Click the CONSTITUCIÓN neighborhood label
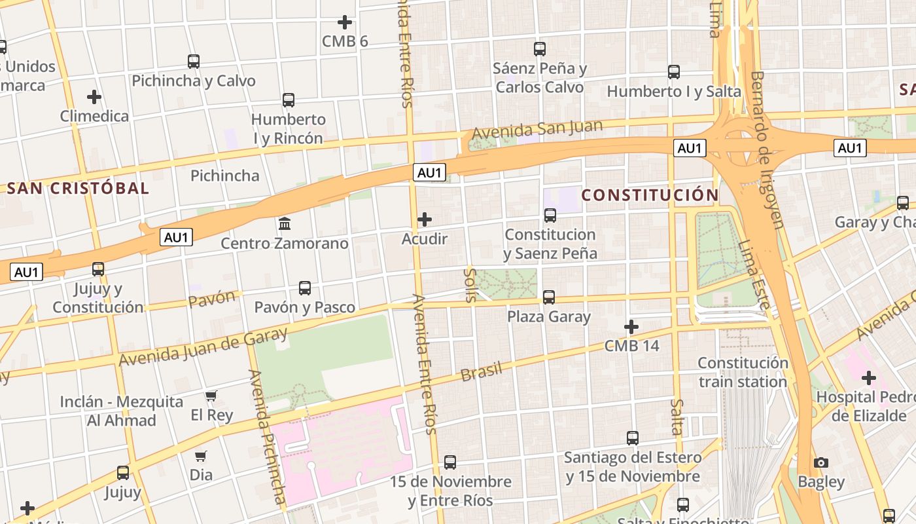pos(650,195)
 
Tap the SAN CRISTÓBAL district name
pos(78,189)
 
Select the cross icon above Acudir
pos(425,219)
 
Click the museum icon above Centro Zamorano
pos(285,224)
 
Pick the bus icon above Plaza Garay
pos(549,297)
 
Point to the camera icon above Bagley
pos(821,462)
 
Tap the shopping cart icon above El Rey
pos(211,396)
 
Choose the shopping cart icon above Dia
pos(201,455)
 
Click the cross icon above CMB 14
pos(631,326)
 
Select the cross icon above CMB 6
pos(345,22)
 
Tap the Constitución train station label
pos(743,372)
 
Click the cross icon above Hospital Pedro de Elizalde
pos(869,378)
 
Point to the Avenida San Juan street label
pos(528,130)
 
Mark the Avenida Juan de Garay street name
pos(203,347)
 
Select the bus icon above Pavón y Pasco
pos(305,288)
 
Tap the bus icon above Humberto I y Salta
pos(674,72)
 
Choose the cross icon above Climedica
pos(94,97)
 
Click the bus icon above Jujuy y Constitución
pos(98,269)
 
